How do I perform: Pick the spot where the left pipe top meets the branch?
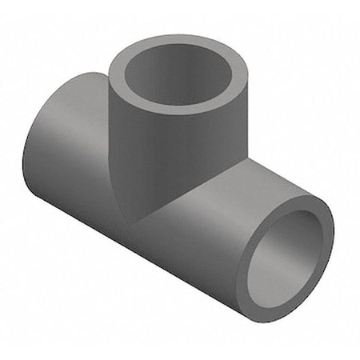click(x=107, y=74)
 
